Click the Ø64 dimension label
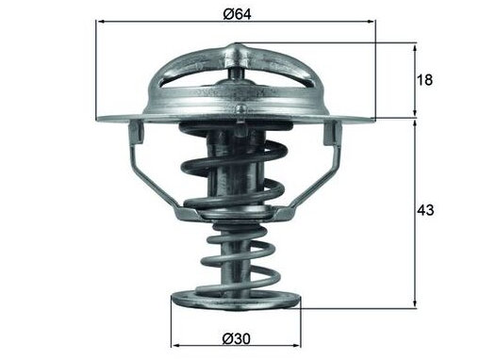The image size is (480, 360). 238,14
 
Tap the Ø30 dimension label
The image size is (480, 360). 237,338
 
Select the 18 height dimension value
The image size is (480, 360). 424,80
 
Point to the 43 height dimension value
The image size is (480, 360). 425,210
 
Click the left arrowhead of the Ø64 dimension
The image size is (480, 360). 101,22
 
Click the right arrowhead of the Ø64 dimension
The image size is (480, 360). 371,22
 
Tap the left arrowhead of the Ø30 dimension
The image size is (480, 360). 175,346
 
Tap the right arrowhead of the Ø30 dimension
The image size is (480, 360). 296,346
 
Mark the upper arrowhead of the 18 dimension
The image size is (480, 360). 415,49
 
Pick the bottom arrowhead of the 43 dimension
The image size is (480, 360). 415,303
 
